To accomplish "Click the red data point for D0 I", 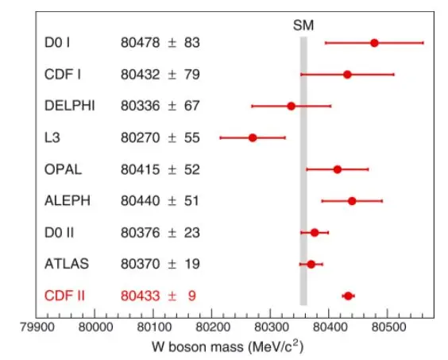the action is [374, 43].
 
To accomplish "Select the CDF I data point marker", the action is [347, 75].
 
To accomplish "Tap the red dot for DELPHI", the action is [292, 106].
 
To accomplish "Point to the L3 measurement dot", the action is [253, 137].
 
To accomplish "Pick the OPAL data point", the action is [338, 169].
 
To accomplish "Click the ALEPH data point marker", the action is [352, 201].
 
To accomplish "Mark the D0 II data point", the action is [315, 233].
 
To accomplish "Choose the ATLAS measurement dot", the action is [311, 264].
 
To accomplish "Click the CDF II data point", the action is [348, 296].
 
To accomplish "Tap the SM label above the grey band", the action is [303, 25].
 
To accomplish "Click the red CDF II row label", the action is [64, 296].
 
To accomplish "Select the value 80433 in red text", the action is [140, 296].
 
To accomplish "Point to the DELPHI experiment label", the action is [69, 106].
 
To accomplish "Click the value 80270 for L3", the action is [140, 137].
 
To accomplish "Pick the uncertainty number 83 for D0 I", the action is [191, 43].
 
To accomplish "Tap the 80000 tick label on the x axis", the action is [95, 327].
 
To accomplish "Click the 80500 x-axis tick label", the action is [388, 327].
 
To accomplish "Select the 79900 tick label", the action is [37, 327].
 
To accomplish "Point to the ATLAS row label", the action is [67, 264].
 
